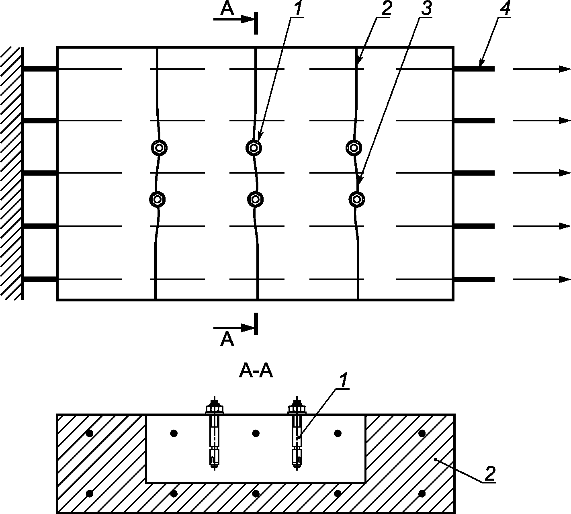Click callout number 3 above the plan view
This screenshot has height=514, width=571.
(426, 8)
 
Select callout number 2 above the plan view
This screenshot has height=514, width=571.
(386, 8)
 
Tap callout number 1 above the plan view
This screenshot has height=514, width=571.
(297, 8)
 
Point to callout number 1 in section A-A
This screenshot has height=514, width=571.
(344, 381)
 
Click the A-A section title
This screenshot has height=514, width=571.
(256, 371)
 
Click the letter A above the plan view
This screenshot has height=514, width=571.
(227, 9)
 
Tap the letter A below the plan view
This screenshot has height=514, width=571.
(227, 340)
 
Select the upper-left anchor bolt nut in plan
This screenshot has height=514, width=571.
(159, 148)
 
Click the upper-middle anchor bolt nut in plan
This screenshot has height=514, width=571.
(254, 148)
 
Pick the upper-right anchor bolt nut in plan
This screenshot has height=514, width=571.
(354, 148)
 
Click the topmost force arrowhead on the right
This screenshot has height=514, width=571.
(565, 69)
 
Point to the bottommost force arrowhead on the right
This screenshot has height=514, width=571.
(565, 279)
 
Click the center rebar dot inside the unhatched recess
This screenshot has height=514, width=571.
(256, 433)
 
